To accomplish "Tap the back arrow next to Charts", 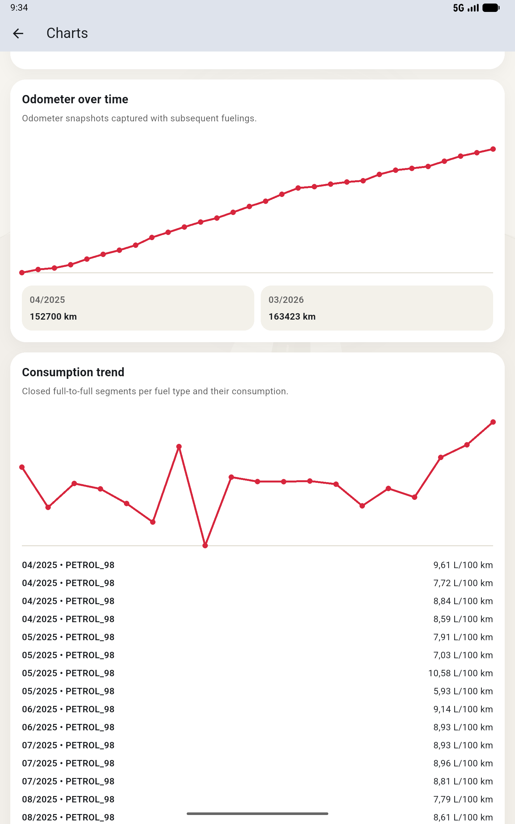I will (18, 33).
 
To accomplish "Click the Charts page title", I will (67, 33).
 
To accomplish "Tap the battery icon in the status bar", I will (491, 8).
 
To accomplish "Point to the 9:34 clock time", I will (19, 8).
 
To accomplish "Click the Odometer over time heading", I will (75, 99).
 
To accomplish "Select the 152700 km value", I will (53, 317).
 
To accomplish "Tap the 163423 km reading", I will (292, 317).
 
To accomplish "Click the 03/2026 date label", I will (286, 300).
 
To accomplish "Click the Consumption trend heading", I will (73, 372).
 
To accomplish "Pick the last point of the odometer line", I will (493, 149).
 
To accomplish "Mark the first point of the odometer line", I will (22, 272).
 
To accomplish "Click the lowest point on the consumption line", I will (205, 546).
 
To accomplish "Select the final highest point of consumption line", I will (493, 422).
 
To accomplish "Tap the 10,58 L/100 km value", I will (460, 673).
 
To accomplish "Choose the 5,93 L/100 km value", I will (463, 691).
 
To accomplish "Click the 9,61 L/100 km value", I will (463, 565).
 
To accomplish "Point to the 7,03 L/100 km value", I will (463, 655).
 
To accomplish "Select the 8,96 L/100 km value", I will (463, 763).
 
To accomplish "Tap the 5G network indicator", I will (458, 8).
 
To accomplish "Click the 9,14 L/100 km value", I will (463, 709).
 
